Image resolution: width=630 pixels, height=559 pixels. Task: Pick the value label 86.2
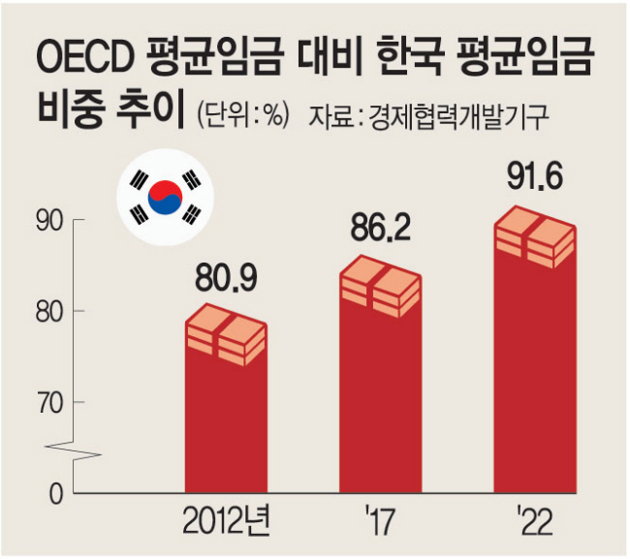(378, 230)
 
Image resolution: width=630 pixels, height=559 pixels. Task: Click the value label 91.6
(535, 180)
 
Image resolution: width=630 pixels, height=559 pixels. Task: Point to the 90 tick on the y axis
(49, 221)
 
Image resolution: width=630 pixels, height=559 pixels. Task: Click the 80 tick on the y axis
(49, 311)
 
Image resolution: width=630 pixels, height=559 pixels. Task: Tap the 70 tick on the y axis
(49, 401)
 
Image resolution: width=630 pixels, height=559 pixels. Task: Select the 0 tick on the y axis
(54, 492)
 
